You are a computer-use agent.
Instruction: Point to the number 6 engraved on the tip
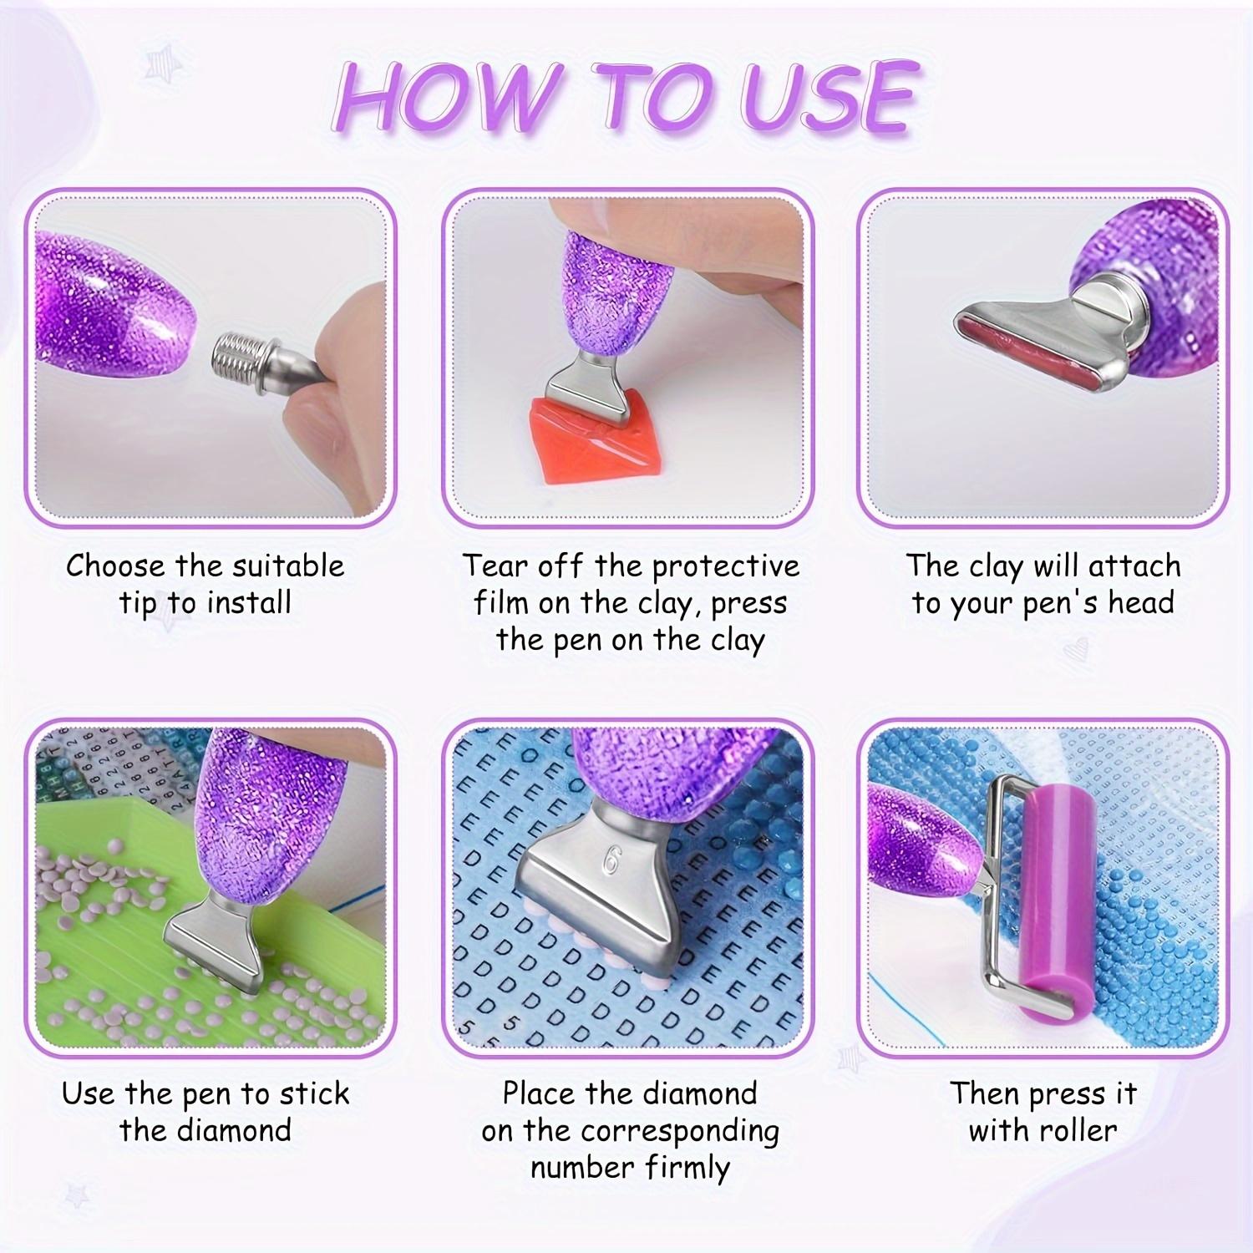pyautogui.click(x=611, y=861)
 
